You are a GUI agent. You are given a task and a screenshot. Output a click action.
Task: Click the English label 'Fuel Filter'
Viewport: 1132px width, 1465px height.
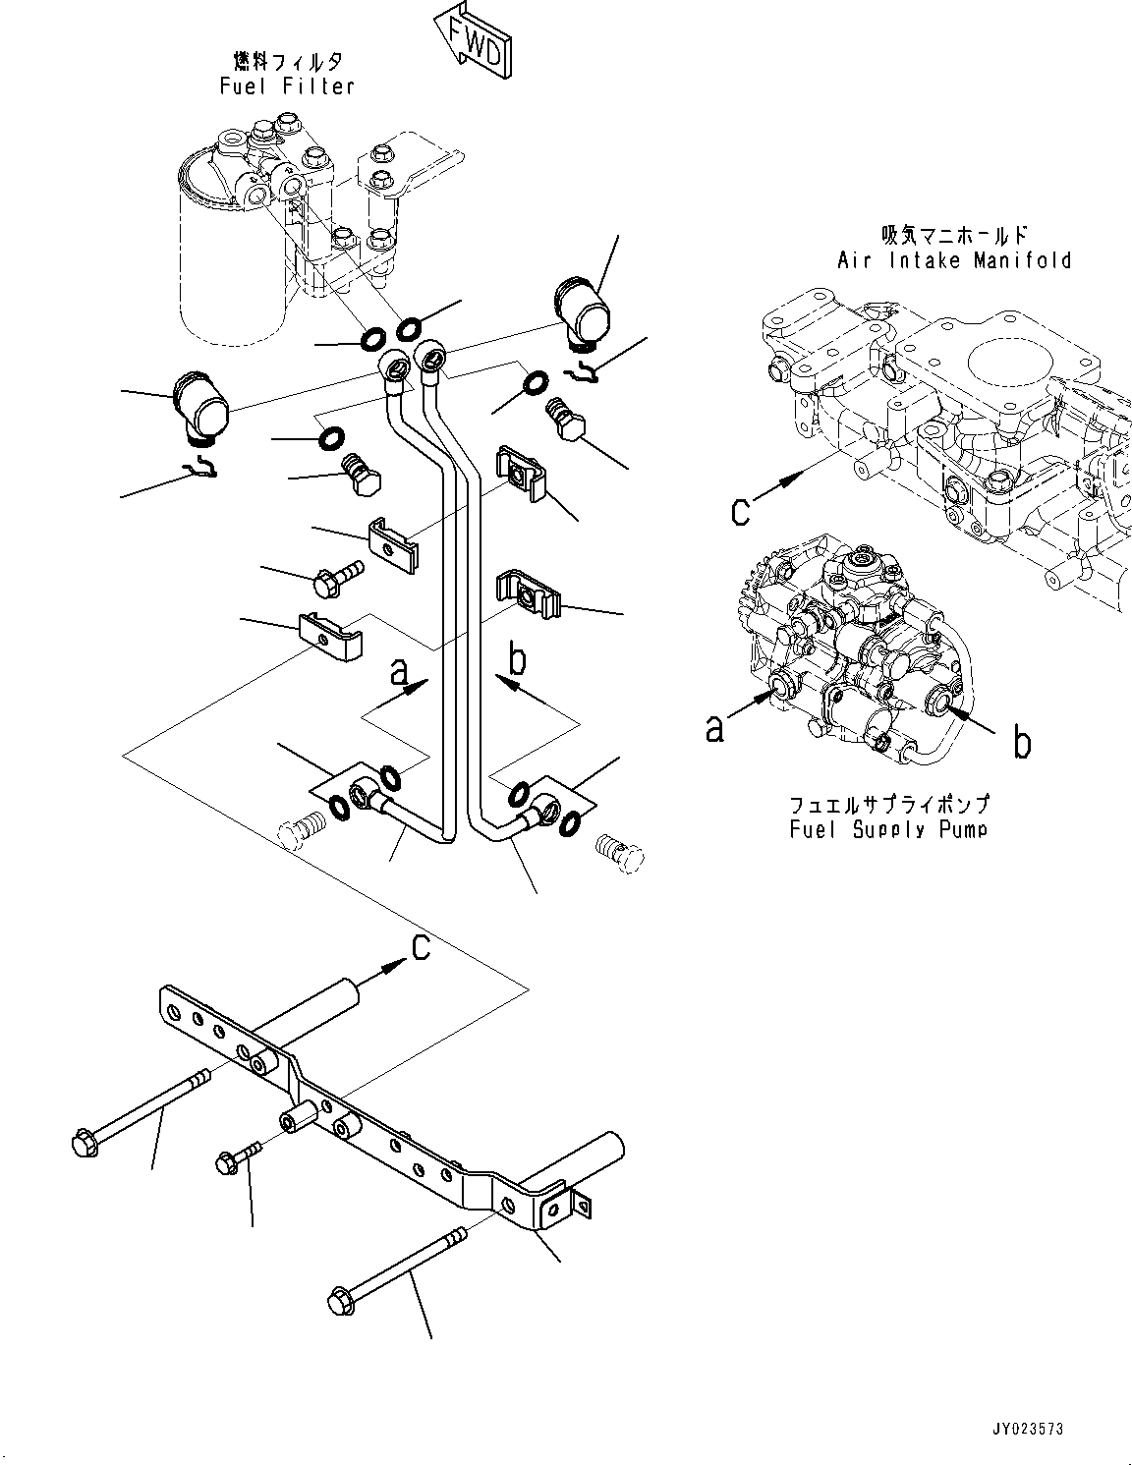287,86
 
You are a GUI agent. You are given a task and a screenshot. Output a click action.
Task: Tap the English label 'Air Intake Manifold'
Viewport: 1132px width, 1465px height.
954,259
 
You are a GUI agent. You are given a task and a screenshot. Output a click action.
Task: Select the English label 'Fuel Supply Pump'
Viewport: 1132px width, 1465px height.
888,829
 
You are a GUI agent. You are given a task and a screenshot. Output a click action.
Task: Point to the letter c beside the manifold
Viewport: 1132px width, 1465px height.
740,512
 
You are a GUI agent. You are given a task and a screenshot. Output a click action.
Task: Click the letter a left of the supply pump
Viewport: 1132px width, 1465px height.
714,728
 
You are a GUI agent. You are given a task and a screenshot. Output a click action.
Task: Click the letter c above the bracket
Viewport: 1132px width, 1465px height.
421,947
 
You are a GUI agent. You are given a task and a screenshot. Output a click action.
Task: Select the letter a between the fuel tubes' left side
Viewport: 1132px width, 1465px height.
400,672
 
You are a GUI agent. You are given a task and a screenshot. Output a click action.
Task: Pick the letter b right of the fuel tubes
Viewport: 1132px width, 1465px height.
517,659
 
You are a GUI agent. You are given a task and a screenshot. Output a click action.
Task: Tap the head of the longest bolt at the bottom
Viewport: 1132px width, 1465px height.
342,1301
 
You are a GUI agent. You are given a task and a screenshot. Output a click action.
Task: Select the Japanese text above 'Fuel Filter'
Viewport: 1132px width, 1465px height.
288,62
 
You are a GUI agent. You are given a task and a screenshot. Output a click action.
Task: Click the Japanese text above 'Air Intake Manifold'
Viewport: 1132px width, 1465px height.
955,235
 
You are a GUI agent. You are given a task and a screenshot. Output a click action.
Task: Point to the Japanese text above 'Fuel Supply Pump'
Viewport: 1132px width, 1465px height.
889,805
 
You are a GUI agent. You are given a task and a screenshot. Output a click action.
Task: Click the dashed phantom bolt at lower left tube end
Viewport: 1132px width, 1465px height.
302,828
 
